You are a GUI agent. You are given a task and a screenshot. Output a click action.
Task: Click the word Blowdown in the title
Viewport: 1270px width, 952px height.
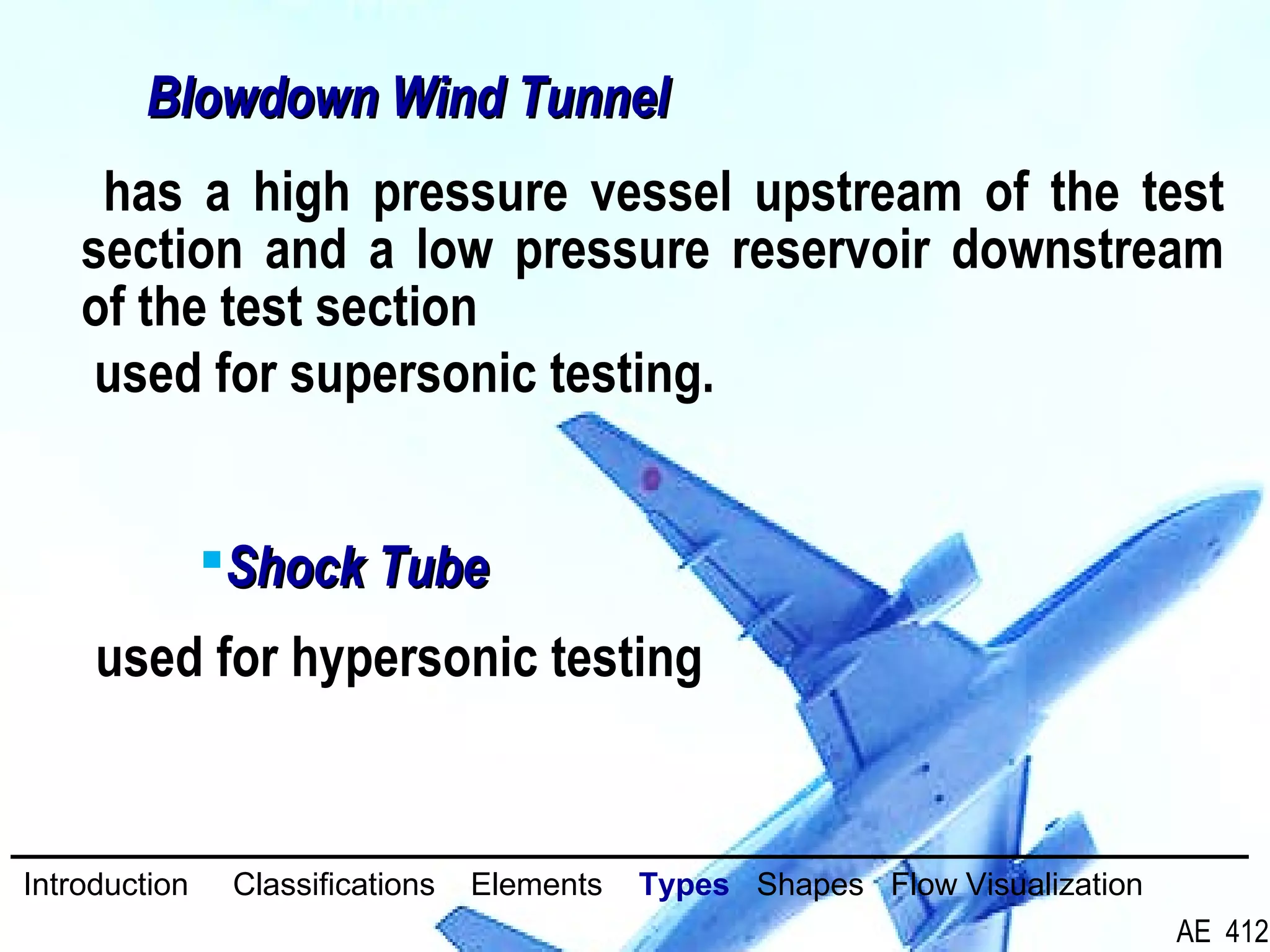pos(264,98)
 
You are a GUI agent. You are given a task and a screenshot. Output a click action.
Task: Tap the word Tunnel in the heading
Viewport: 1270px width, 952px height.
pos(595,98)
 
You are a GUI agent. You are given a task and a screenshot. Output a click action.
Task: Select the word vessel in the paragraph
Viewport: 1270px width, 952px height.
pos(661,193)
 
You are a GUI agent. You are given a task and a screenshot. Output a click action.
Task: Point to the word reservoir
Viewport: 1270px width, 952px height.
pos(831,250)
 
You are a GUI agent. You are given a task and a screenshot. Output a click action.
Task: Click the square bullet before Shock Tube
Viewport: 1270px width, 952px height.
pos(212,560)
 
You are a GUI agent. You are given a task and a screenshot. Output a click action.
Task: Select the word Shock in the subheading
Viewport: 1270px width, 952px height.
pos(297,568)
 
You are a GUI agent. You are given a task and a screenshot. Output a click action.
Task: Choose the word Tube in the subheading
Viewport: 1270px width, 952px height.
pos(435,568)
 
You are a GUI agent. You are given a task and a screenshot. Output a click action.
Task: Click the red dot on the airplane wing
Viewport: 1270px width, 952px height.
pos(651,479)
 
